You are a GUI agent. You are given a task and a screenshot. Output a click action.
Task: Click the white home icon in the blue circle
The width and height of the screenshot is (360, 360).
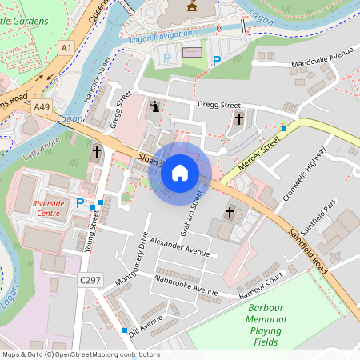180,173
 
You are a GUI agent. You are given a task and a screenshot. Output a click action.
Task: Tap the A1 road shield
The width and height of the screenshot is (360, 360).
66,49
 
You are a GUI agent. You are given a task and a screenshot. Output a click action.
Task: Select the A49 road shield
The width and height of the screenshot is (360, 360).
42,106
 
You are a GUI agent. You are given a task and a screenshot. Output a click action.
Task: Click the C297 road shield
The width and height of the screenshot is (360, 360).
90,280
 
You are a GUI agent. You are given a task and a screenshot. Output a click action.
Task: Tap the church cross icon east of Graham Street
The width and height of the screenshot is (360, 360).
230,213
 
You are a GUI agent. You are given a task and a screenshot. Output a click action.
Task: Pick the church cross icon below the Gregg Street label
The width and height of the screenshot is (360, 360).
238,119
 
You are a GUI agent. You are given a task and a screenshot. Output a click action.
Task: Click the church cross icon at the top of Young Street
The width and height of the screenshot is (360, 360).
97,151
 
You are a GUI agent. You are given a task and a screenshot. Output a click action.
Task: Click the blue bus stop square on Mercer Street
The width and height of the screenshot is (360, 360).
283,128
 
